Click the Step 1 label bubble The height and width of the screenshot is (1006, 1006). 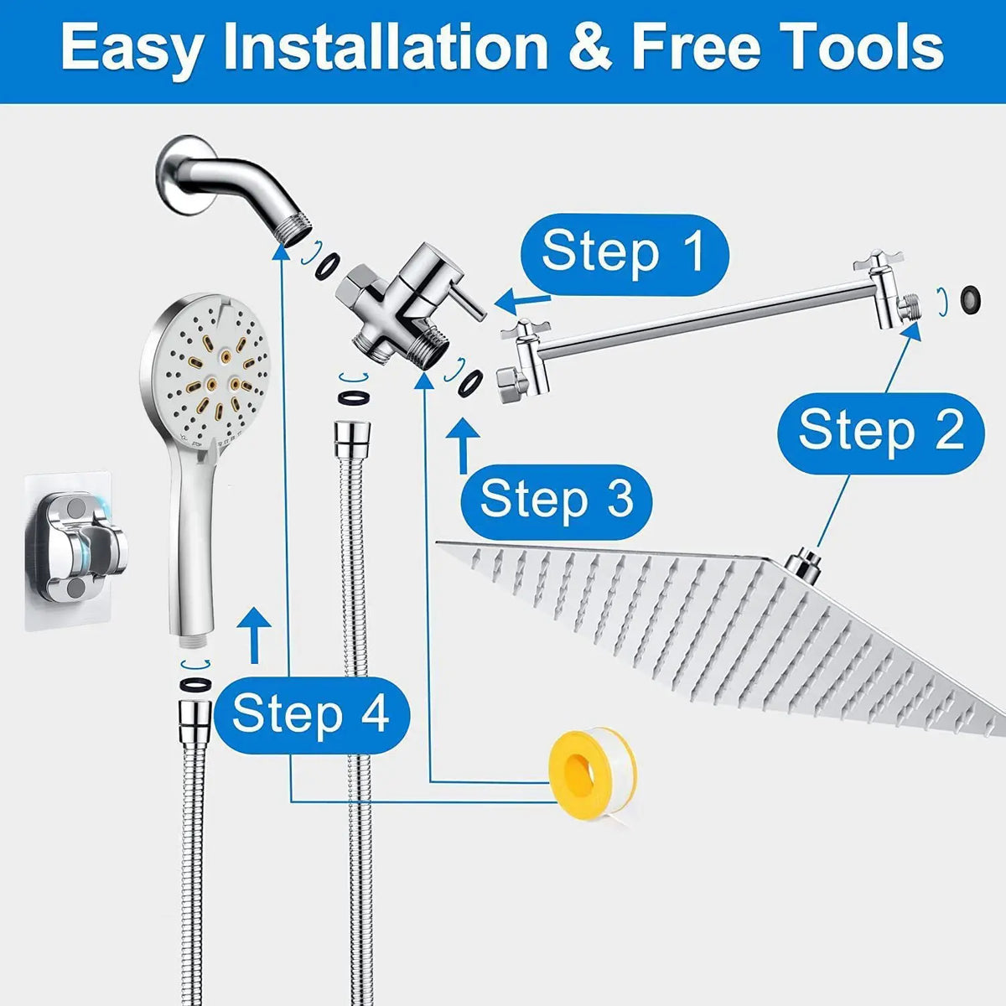[x=625, y=255]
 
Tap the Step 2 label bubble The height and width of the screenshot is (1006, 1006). [x=881, y=433]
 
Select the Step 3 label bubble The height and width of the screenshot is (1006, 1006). [x=557, y=500]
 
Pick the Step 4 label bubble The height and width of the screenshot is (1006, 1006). [x=312, y=715]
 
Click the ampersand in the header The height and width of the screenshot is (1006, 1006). [x=590, y=48]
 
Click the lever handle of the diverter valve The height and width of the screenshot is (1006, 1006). [x=469, y=303]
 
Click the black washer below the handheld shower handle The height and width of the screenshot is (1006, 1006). [x=196, y=683]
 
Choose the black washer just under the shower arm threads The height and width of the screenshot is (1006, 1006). [x=328, y=267]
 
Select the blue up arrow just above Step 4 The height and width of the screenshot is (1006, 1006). [x=254, y=635]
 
